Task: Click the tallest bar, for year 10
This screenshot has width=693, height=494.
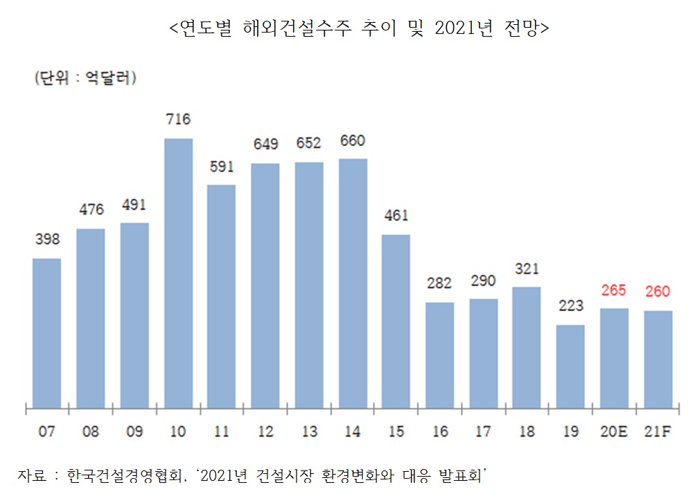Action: (178, 273)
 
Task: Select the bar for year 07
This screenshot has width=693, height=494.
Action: (46, 333)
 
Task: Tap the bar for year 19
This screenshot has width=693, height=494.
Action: (570, 366)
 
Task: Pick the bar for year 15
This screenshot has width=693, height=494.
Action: (396, 321)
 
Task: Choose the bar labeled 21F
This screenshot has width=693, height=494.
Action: (658, 359)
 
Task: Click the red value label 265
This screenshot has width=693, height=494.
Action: (614, 290)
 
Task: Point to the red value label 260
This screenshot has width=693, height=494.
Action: (658, 292)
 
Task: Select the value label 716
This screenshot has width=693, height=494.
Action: (178, 119)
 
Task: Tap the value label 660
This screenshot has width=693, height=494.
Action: (353, 141)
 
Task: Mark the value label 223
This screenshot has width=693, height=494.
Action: (570, 306)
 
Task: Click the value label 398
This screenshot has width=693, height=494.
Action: (47, 240)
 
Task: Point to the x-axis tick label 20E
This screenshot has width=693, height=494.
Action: (614, 432)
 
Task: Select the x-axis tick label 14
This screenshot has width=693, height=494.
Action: (353, 432)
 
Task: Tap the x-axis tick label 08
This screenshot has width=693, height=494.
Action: (90, 432)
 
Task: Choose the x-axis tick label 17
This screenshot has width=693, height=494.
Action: (483, 432)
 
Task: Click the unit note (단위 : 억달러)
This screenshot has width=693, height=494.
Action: (85, 78)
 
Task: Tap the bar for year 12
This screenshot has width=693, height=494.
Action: (265, 285)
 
